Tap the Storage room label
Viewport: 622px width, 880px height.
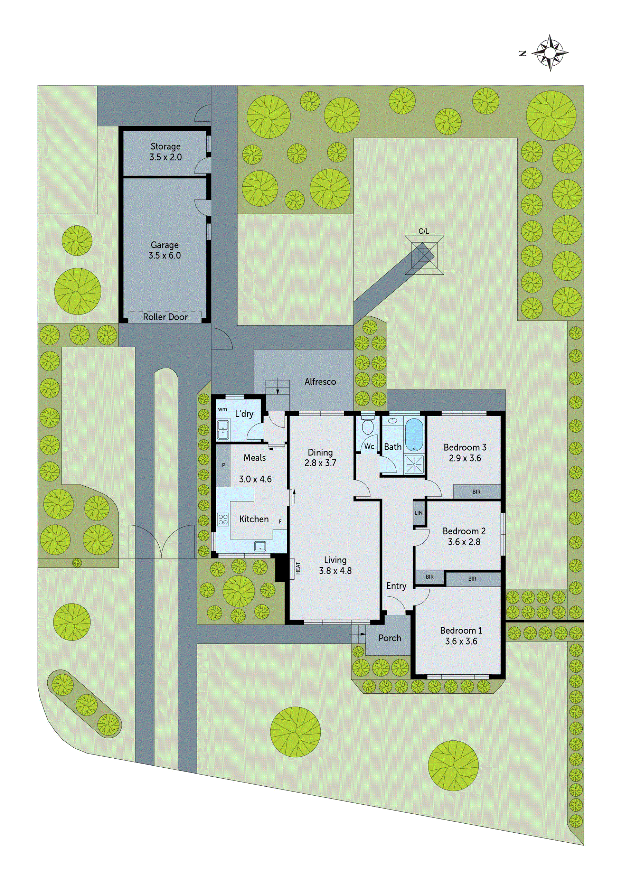coord(165,147)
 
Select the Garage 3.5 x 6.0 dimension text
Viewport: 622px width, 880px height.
coord(165,255)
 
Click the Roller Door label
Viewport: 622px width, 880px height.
coord(165,317)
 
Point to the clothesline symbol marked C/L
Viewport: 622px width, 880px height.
coord(424,255)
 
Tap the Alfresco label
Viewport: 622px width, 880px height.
coord(320,382)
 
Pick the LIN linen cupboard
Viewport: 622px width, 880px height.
coord(418,513)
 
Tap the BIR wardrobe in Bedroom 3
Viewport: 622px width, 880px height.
coord(477,492)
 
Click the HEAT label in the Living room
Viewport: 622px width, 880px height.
coord(298,568)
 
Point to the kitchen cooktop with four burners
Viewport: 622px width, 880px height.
coord(223,520)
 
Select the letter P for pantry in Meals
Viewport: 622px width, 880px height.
coord(224,465)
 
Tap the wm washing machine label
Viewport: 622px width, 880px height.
coord(222,409)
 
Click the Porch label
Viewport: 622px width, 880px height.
coord(389,638)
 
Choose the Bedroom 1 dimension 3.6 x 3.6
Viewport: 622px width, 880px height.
coord(461,641)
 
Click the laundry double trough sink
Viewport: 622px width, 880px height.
coord(223,430)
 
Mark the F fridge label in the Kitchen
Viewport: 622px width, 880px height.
coord(280,522)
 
